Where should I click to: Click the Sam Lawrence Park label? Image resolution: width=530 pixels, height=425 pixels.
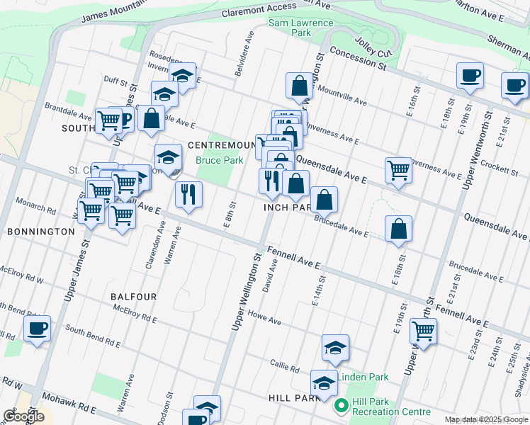(300, 28)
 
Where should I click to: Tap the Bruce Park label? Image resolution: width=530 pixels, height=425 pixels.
(220, 161)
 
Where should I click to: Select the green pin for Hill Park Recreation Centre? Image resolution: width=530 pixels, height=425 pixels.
(340, 407)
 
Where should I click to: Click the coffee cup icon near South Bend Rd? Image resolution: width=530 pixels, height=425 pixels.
(37, 329)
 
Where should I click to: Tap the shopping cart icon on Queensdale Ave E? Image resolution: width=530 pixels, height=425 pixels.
(399, 171)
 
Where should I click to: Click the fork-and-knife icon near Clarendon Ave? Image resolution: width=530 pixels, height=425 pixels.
(188, 194)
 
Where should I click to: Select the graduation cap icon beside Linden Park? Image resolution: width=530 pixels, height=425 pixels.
(335, 348)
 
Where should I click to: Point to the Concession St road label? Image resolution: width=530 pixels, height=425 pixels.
(357, 59)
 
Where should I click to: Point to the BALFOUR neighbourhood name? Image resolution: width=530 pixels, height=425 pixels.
(133, 295)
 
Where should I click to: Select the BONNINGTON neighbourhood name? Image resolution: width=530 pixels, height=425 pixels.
(40, 232)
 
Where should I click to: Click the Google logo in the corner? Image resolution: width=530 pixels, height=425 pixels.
(23, 416)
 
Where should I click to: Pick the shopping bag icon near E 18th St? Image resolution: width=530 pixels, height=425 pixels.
(399, 228)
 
